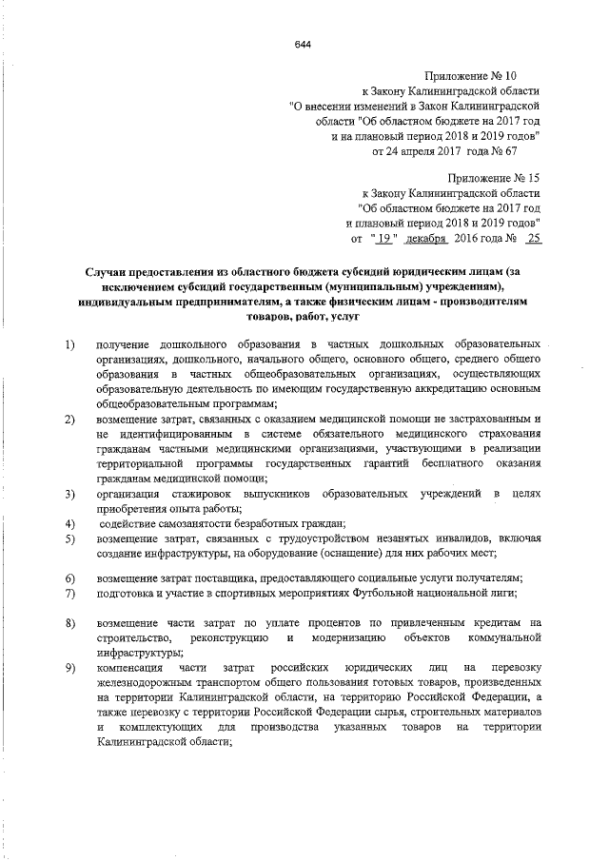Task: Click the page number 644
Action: coord(303,45)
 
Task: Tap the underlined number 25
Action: coord(532,239)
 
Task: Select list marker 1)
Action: coord(69,342)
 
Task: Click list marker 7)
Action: coord(69,594)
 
